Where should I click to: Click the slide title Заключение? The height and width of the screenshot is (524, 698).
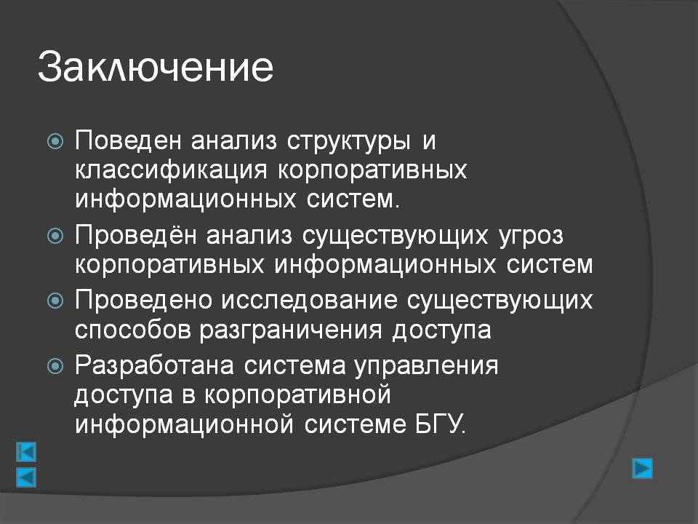(x=156, y=67)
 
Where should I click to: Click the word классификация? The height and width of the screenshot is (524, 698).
(x=172, y=170)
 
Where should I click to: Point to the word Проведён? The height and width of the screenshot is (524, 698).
(x=136, y=234)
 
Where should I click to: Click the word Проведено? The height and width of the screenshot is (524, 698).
(x=144, y=300)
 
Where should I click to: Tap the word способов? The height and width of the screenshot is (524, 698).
(x=132, y=330)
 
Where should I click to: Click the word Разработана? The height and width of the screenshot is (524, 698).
(x=154, y=366)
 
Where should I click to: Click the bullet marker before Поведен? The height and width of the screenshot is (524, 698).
(x=55, y=142)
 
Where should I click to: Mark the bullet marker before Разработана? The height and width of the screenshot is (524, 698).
(x=55, y=367)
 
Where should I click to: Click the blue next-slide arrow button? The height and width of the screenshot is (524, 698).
(x=642, y=468)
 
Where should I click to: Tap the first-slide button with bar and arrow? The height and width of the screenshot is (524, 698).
(x=26, y=452)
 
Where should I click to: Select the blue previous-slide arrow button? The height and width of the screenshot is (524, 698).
(x=26, y=477)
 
